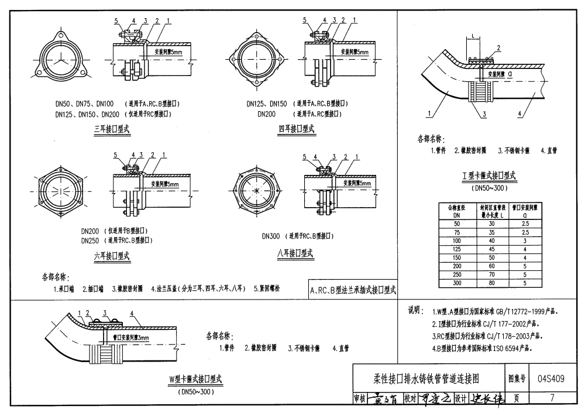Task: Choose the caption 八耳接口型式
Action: [x=295, y=253]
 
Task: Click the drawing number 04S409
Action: [x=550, y=378]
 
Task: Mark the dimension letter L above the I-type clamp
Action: [x=472, y=36]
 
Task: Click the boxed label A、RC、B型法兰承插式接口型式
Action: [x=353, y=290]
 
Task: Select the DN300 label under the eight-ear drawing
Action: [x=271, y=236]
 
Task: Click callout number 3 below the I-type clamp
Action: [x=485, y=115]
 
